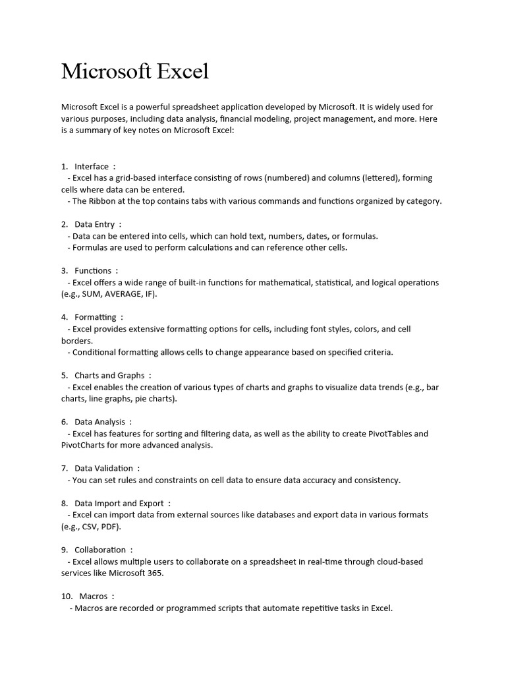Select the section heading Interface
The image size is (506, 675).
[x=92, y=166]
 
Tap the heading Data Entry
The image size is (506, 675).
[x=94, y=224]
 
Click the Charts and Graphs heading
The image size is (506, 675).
[x=109, y=375]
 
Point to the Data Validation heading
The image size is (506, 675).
[x=103, y=468]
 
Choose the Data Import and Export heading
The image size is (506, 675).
[x=119, y=503]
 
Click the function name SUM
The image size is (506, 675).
[x=93, y=294]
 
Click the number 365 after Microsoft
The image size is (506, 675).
[x=154, y=573]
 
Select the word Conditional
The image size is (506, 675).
[x=97, y=352]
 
